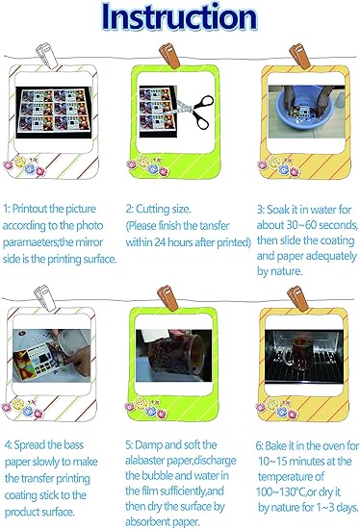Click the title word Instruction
click(179, 17)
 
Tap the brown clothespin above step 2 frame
click(169, 55)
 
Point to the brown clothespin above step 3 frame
click(299, 56)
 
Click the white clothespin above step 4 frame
click(44, 297)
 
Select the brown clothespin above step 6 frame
click(297, 298)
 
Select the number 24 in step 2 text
click(160, 241)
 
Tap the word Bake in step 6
click(275, 445)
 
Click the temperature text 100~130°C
click(281, 491)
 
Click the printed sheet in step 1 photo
click(54, 111)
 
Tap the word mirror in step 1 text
click(90, 242)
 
